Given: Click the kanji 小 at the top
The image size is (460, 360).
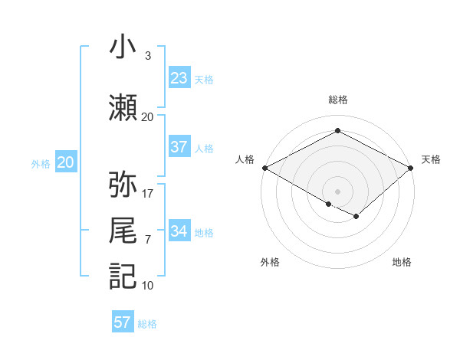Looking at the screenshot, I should (x=123, y=47).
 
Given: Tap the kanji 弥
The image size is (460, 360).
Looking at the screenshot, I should (x=123, y=185).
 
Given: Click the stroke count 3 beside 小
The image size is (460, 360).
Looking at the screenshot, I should (x=148, y=56).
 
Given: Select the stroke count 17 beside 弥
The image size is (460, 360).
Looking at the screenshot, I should (x=148, y=193).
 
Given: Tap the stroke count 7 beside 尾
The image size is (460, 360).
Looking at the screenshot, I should (x=148, y=240).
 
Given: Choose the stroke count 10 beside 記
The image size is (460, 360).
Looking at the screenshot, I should (x=148, y=285).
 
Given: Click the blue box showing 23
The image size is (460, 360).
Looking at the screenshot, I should (x=179, y=78).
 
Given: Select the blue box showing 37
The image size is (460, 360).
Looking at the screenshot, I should (x=179, y=147).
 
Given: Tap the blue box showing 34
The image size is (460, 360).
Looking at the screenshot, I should (x=179, y=231).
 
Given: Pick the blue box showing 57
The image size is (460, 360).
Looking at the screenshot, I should (x=123, y=322).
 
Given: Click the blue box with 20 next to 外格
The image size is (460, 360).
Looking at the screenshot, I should (x=66, y=162).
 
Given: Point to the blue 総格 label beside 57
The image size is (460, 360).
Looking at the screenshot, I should (x=147, y=324).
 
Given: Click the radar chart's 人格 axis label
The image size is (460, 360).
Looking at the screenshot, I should (x=245, y=159).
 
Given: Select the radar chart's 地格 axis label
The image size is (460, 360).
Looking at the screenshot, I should (x=402, y=262).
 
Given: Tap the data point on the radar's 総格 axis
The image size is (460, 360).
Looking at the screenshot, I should (x=337, y=131).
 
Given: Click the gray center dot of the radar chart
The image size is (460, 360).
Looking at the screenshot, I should (x=337, y=190).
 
